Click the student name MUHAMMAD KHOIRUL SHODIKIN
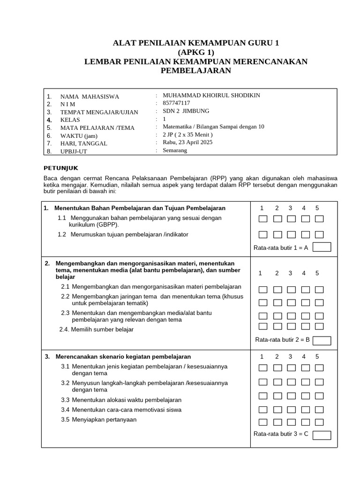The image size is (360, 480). coord(211,96)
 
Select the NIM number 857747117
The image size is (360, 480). coord(176,103)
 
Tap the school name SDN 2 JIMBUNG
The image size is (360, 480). coord(186,111)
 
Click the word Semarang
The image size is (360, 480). coord(175,150)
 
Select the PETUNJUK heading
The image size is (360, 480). coord(61,167)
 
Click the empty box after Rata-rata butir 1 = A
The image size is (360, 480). coord(322,247)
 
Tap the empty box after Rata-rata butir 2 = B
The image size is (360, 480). coord(322,340)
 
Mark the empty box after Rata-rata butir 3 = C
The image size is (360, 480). coord(322,435)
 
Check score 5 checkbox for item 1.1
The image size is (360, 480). coord(319,218)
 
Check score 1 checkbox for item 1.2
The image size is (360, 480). coord(263,234)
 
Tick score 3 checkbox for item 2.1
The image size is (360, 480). coord(291,290)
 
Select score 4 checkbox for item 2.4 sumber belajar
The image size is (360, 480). coord(305,326)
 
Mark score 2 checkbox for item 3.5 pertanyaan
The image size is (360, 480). coord(277,422)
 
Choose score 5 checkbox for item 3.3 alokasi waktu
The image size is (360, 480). coord(319,396)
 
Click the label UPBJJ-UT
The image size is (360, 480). coord(74,151)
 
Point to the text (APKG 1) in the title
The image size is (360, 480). coord(196,52)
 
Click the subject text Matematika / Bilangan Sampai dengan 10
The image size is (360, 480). coord(213,127)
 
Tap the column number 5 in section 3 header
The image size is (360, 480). coord(317,356)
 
